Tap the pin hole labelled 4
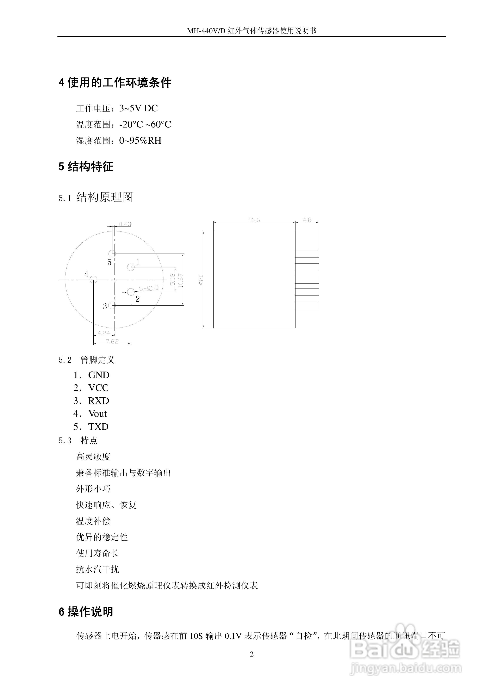click(93, 279)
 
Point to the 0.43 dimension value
click(125, 224)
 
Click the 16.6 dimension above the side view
click(254, 220)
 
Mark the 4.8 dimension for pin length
click(307, 220)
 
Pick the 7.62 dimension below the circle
click(112, 341)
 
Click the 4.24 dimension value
click(104, 333)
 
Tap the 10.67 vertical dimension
click(180, 280)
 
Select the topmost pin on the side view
click(307, 253)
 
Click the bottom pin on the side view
click(307, 306)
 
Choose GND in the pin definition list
click(99, 375)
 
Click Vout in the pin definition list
click(98, 414)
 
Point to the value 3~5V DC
click(138, 108)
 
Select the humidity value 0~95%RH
click(140, 140)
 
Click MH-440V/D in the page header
click(206, 31)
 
